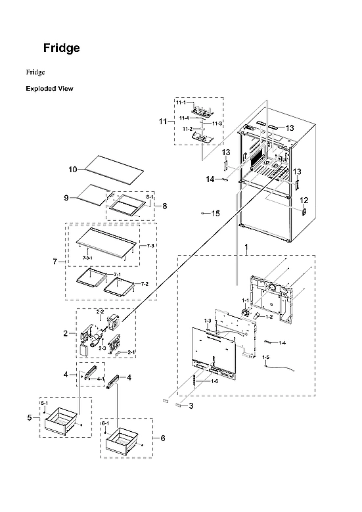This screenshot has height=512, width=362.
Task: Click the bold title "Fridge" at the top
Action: coord(61,48)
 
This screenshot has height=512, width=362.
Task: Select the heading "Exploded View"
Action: coord(49,88)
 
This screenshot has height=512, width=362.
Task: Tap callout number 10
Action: coord(73,170)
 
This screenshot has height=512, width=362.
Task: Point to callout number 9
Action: coord(66,197)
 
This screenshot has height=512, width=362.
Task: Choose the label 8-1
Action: coord(149,197)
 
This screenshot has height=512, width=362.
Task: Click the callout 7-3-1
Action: coord(87,258)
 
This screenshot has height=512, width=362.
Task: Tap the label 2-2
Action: coord(101,311)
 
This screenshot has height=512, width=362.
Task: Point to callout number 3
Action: coord(191,406)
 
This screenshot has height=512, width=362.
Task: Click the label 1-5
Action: coord(266,357)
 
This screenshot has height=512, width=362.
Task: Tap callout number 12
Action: coord(304,200)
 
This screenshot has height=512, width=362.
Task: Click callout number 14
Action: coord(210,179)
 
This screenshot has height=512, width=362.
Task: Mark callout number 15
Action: coord(215,213)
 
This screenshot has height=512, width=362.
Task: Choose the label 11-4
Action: coord(185,118)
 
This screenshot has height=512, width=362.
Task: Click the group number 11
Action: coord(162,122)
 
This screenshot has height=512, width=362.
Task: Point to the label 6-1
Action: coord(104,423)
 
